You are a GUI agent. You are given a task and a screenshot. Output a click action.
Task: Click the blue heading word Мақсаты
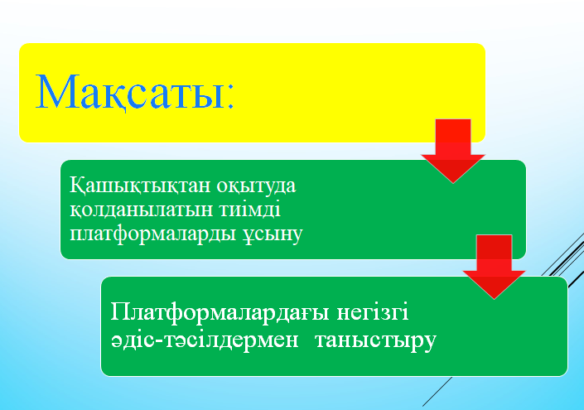[x=130, y=92]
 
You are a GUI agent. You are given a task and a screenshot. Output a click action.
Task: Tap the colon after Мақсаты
[x=230, y=96]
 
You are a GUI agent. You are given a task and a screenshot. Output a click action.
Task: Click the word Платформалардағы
[x=220, y=312]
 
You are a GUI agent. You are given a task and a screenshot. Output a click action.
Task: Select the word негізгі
[x=373, y=312]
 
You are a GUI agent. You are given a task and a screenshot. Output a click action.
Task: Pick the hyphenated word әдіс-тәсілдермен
[x=205, y=340]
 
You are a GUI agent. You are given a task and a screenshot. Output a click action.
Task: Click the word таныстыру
[x=375, y=340]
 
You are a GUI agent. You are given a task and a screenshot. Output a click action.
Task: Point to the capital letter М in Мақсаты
[x=52, y=91]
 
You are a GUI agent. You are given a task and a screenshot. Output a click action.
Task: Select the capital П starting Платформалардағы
[x=120, y=311]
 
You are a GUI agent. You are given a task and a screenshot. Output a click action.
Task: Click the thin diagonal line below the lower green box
[x=437, y=392]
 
